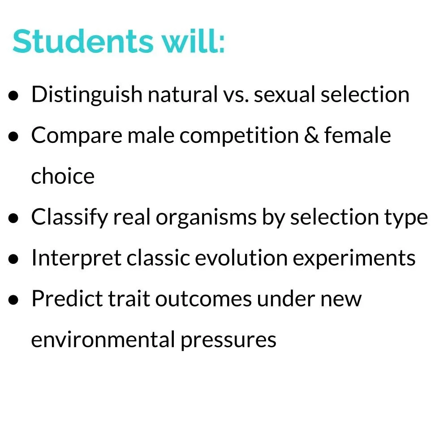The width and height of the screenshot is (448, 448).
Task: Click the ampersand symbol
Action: pos(311,136)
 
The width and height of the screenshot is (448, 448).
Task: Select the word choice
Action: pos(63,177)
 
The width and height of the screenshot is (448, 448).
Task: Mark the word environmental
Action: pos(103,340)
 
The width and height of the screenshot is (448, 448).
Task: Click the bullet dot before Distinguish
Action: pos(14,96)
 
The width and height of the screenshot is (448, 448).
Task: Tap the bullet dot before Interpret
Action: pos(14,259)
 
